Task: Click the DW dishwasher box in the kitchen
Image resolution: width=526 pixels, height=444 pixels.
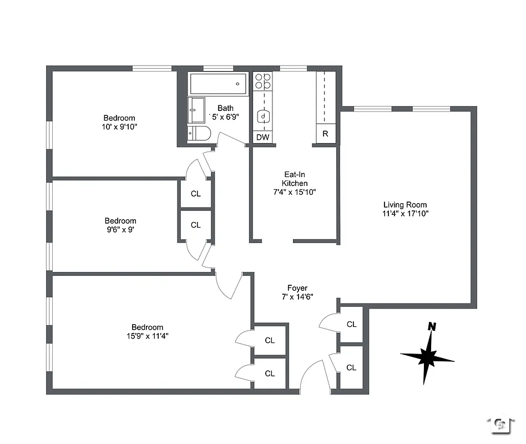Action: click(x=262, y=137)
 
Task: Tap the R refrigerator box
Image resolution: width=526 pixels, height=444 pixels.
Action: click(x=326, y=134)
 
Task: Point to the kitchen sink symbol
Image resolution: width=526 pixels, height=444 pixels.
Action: click(x=264, y=117)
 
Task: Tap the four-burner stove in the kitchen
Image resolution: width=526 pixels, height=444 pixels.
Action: click(x=263, y=82)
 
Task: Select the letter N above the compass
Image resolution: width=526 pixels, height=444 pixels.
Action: click(x=431, y=327)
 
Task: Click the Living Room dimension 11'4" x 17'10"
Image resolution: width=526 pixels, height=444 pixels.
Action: click(x=406, y=213)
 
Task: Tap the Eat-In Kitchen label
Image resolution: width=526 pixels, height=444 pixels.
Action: click(x=295, y=178)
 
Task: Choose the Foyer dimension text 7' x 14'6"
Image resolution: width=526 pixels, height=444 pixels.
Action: click(x=297, y=296)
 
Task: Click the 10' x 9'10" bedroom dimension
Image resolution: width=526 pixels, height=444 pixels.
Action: click(x=119, y=127)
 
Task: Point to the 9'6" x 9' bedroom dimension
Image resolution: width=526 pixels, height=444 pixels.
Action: click(x=120, y=229)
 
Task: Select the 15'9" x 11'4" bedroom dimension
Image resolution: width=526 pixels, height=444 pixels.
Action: click(x=147, y=336)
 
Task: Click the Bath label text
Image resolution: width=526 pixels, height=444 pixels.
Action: click(x=225, y=108)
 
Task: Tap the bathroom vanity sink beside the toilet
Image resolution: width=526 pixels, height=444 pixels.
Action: click(x=196, y=110)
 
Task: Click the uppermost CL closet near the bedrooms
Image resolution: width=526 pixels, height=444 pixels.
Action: click(x=195, y=194)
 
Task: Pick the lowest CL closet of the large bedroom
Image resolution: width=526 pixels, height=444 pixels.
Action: click(x=270, y=374)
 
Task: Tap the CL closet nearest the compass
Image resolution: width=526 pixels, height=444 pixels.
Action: click(x=351, y=367)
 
